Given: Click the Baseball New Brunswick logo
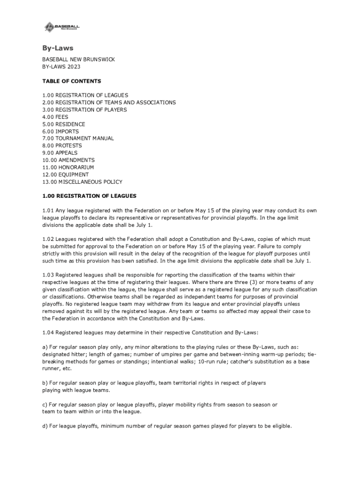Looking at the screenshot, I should tap(62, 27).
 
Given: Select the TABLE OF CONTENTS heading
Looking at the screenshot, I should tap(72, 81).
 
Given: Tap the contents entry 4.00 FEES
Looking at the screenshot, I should tap(55, 117).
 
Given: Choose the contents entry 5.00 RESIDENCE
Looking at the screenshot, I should tap(64, 124).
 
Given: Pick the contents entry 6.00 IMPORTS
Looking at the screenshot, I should tap(60, 131).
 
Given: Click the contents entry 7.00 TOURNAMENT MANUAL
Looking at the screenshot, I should tap(78, 138).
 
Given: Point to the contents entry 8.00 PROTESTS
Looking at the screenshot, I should tap(63, 145).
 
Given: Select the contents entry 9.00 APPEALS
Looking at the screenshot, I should tap(60, 153).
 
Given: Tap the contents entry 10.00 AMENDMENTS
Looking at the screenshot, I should tap(68, 160).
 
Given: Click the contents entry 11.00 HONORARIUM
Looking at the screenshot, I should tap(68, 167).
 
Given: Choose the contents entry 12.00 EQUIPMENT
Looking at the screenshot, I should tap(65, 174).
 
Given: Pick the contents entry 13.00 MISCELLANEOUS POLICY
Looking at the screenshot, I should tap(82, 181).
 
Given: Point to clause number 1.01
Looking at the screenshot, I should tap(48, 210).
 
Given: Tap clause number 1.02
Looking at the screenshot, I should tap(48, 239).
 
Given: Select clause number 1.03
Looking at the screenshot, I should tap(48, 275).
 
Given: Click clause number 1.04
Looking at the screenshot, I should tap(48, 333).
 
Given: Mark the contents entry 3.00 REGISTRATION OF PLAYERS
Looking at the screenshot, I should tap(84, 110).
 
